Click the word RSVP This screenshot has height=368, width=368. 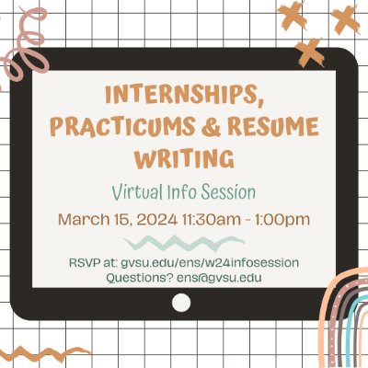tap(85, 262)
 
